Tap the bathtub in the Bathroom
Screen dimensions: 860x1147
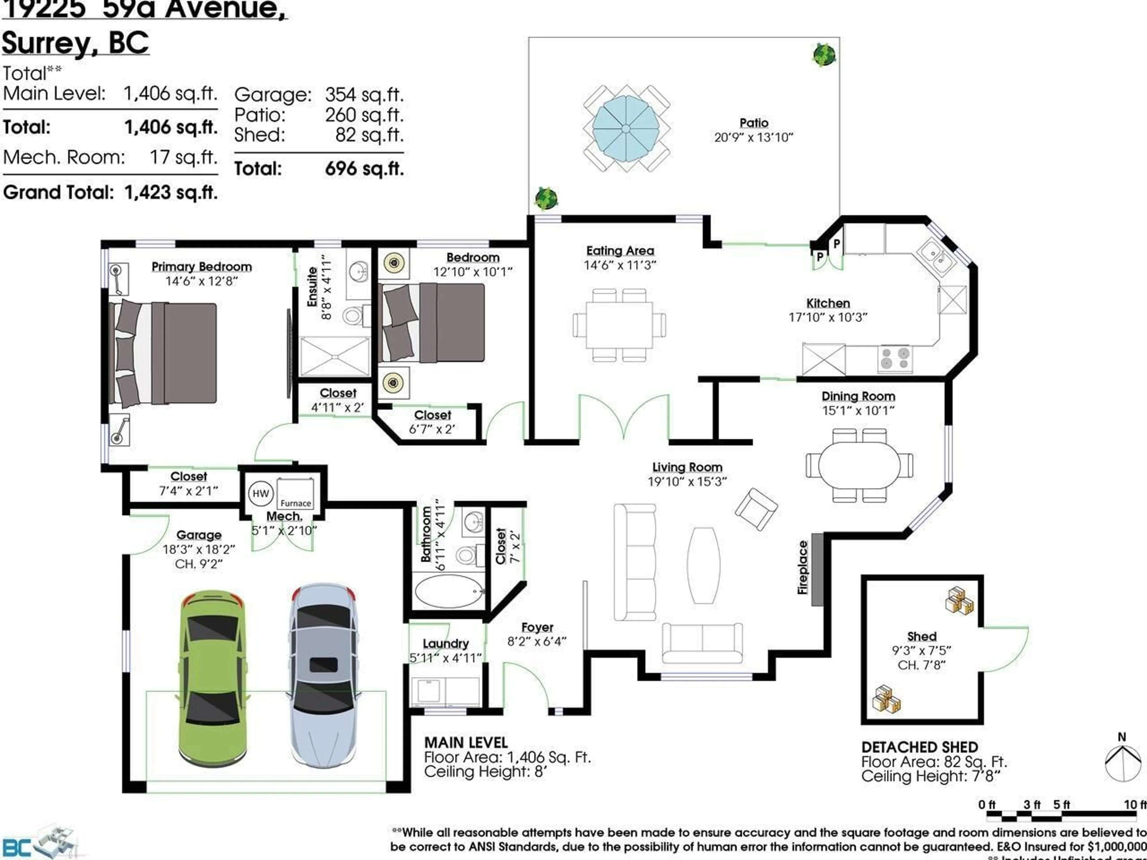tap(449, 591)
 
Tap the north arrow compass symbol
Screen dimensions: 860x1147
tap(1122, 761)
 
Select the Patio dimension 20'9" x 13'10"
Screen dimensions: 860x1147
tap(753, 137)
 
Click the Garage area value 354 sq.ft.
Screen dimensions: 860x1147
tap(364, 95)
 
